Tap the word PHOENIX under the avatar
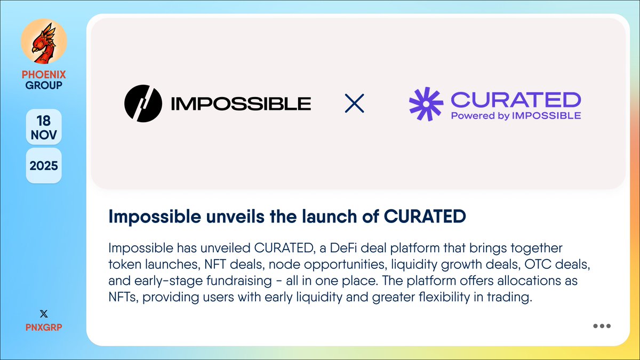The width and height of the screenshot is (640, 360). pyautogui.click(x=44, y=75)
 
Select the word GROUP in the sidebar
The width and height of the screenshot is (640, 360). pyautogui.click(x=44, y=85)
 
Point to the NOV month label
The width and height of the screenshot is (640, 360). pyautogui.click(x=44, y=134)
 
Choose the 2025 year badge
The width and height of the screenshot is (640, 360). pyautogui.click(x=44, y=165)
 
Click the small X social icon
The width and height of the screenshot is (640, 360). pyautogui.click(x=44, y=314)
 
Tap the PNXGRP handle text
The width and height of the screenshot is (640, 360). pyautogui.click(x=44, y=326)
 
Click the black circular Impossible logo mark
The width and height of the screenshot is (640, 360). pyautogui.click(x=142, y=103)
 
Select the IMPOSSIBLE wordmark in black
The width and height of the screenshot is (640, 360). pyautogui.click(x=241, y=103)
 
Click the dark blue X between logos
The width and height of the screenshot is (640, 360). pyautogui.click(x=355, y=103)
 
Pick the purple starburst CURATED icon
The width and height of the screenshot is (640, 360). pyautogui.click(x=426, y=103)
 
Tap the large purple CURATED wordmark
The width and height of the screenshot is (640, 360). pyautogui.click(x=516, y=99)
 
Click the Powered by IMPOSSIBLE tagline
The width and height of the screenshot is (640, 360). pyautogui.click(x=516, y=115)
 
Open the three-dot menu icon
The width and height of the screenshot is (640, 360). pyautogui.click(x=602, y=326)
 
